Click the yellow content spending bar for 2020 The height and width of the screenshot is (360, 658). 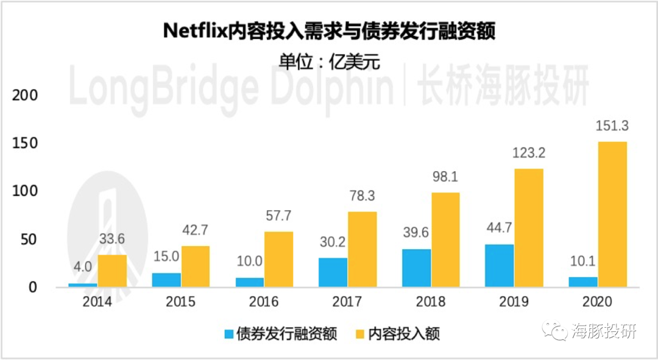(612, 214)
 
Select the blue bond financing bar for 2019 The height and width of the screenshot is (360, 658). (499, 265)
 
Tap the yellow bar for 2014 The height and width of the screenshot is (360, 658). (112, 270)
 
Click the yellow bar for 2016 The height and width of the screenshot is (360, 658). (278, 259)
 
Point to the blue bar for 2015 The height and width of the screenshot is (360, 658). (166, 280)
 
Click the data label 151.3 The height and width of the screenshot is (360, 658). (612, 126)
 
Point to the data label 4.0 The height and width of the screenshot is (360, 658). (83, 268)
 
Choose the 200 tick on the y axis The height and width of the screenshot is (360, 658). (26, 96)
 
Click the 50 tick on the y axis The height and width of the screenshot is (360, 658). (29, 239)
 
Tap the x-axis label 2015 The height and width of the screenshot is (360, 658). (180, 302)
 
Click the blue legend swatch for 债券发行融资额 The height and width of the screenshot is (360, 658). (229, 334)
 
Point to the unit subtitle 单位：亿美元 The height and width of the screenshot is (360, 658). (329, 62)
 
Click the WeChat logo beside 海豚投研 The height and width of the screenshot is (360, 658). (557, 332)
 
